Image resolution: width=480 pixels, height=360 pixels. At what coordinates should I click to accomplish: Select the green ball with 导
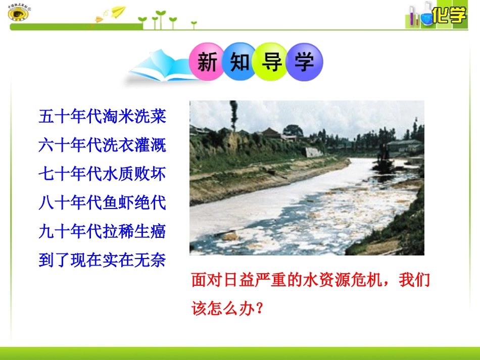click(271, 62)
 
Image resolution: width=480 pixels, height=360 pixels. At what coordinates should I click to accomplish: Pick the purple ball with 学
click(304, 62)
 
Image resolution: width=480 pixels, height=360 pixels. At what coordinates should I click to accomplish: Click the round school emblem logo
click(18, 13)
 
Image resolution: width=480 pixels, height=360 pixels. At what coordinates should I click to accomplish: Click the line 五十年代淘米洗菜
click(102, 117)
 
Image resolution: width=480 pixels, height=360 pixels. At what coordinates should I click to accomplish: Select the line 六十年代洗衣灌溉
click(102, 145)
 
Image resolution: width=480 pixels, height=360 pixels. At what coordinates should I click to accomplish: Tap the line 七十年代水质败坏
click(102, 174)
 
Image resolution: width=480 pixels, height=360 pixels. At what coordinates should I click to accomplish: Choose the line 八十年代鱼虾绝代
click(102, 203)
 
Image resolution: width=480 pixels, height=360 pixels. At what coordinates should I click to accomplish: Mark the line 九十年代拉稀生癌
click(102, 232)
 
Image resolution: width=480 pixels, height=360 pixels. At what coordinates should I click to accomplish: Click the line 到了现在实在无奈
click(102, 261)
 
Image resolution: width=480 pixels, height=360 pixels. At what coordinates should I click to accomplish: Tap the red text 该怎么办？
click(228, 308)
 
